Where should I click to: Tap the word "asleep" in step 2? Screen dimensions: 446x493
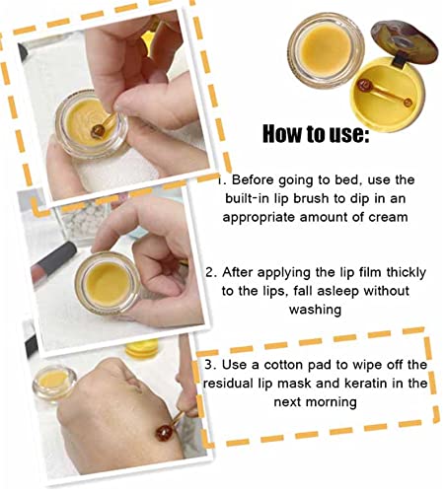click(338, 291)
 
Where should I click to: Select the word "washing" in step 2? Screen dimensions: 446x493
click(315, 310)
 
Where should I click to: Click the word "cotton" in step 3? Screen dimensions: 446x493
click(285, 365)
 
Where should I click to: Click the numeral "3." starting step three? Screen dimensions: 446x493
click(210, 365)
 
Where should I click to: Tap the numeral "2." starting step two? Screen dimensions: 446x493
click(211, 273)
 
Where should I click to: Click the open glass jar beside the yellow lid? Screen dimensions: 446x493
click(326, 50)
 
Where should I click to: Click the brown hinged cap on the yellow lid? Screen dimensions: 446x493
click(404, 42)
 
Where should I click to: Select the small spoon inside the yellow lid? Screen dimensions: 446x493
click(385, 94)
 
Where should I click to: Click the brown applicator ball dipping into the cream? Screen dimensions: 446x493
click(98, 131)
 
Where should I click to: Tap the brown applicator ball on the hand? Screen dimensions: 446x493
click(164, 433)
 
